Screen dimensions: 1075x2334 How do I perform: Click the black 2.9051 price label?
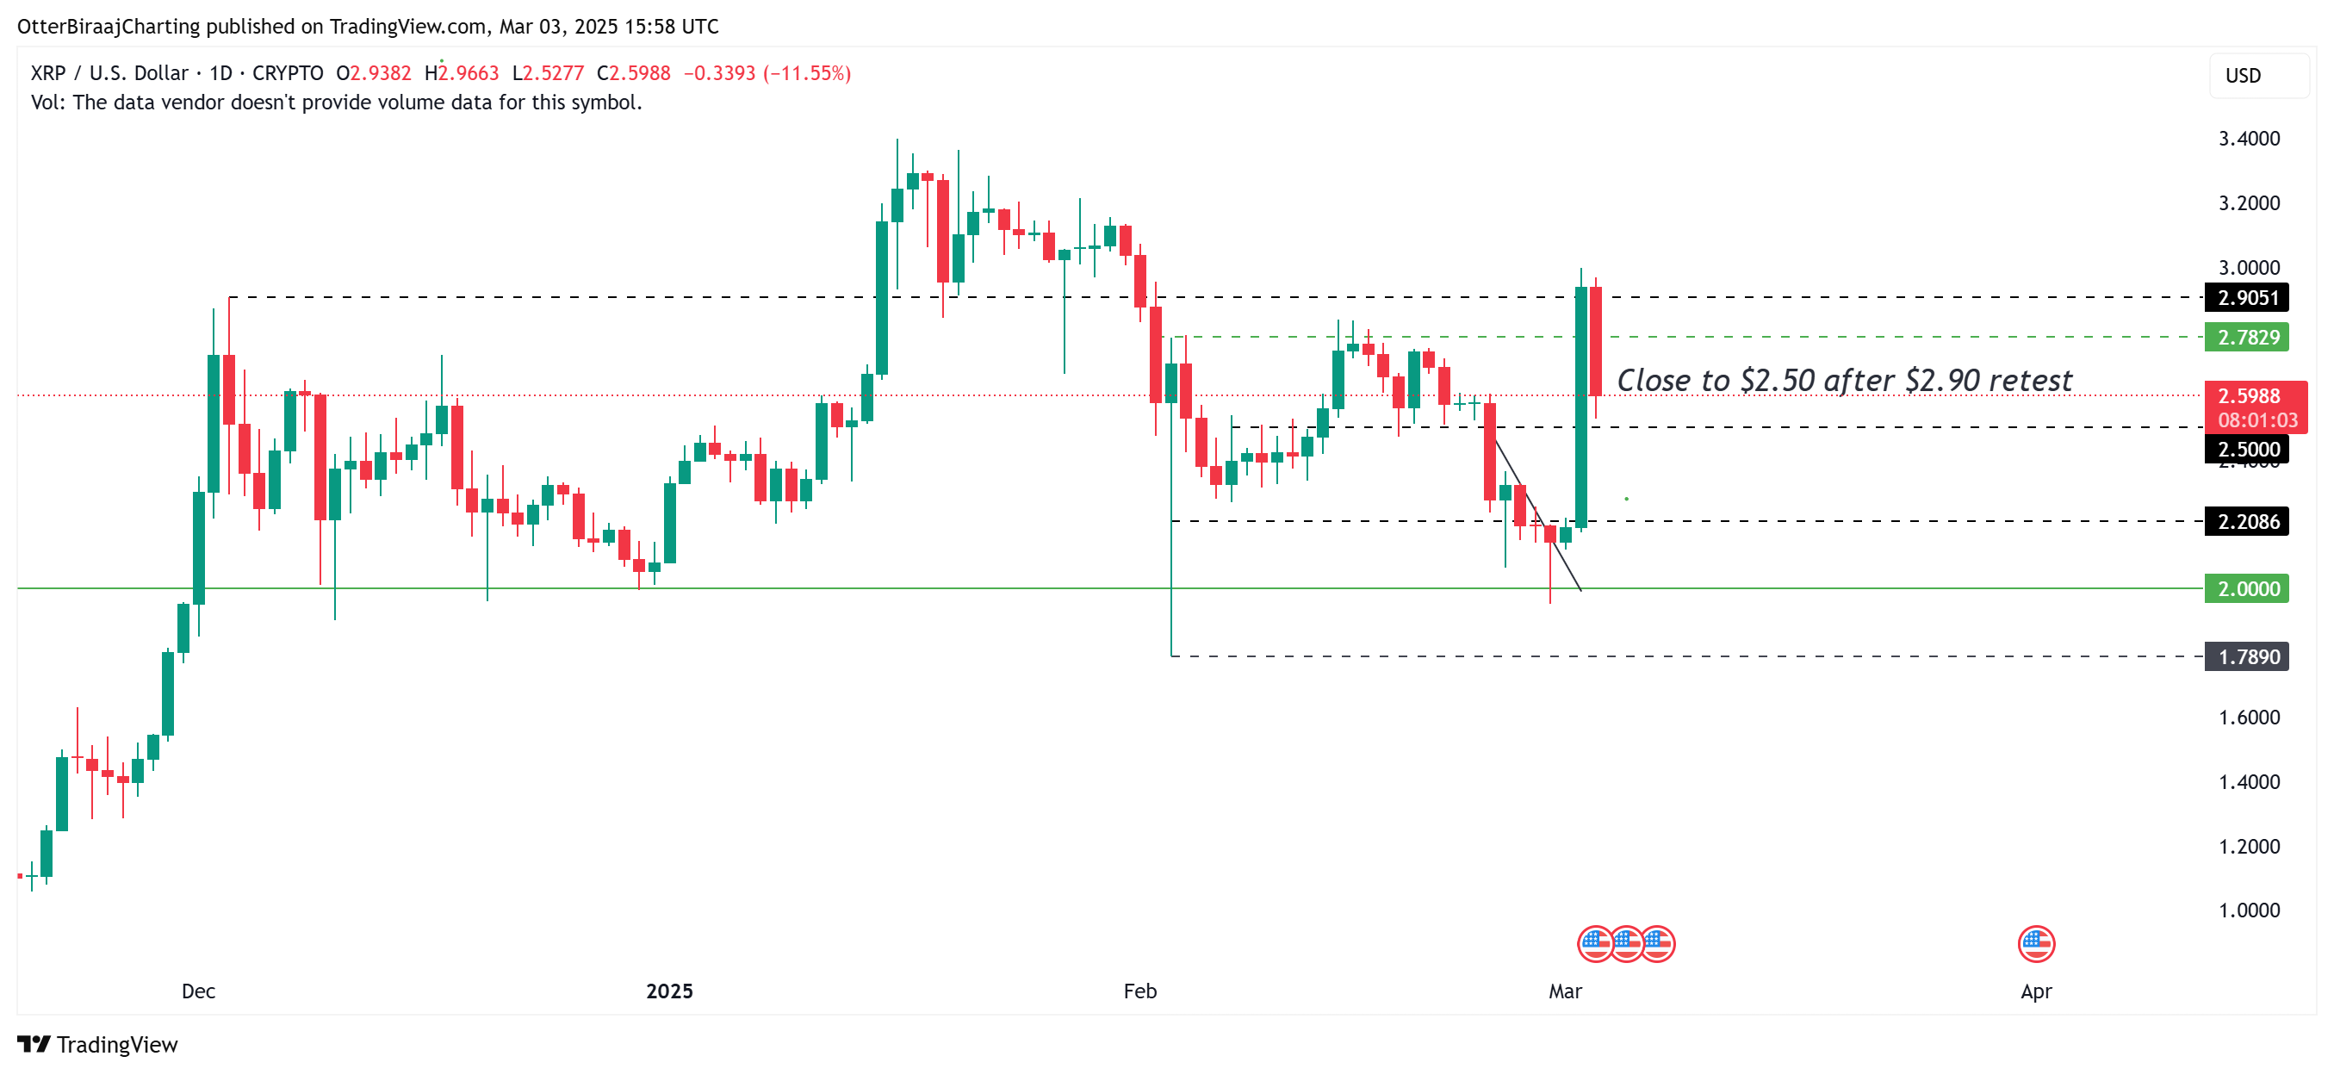tap(2246, 297)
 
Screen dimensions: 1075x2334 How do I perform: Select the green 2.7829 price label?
tap(2246, 337)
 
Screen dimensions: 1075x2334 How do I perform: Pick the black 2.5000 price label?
tap(2246, 449)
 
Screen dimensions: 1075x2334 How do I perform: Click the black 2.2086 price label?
tap(2246, 521)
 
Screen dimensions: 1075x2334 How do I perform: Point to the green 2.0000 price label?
tap(2246, 588)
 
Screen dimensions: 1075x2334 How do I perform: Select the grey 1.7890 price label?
tap(2246, 656)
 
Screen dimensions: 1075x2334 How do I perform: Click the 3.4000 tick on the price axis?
tap(2248, 139)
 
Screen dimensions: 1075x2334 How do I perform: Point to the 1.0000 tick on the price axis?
tap(2248, 910)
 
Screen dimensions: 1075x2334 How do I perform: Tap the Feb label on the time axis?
tap(1139, 991)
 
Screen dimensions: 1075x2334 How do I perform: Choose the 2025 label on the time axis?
tap(668, 991)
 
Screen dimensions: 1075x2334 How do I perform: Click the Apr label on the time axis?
tap(2035, 991)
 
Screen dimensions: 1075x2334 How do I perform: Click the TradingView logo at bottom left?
tap(98, 1044)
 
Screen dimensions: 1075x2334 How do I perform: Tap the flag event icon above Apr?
tap(2035, 943)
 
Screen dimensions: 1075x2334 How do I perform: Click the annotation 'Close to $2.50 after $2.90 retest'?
tap(1844, 381)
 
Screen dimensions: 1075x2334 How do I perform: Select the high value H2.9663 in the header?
tap(462, 73)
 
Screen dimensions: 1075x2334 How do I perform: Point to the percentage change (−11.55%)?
tap(806, 73)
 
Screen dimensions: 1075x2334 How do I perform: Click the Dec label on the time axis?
tap(198, 991)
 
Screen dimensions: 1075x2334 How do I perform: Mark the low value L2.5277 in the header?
tap(548, 73)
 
